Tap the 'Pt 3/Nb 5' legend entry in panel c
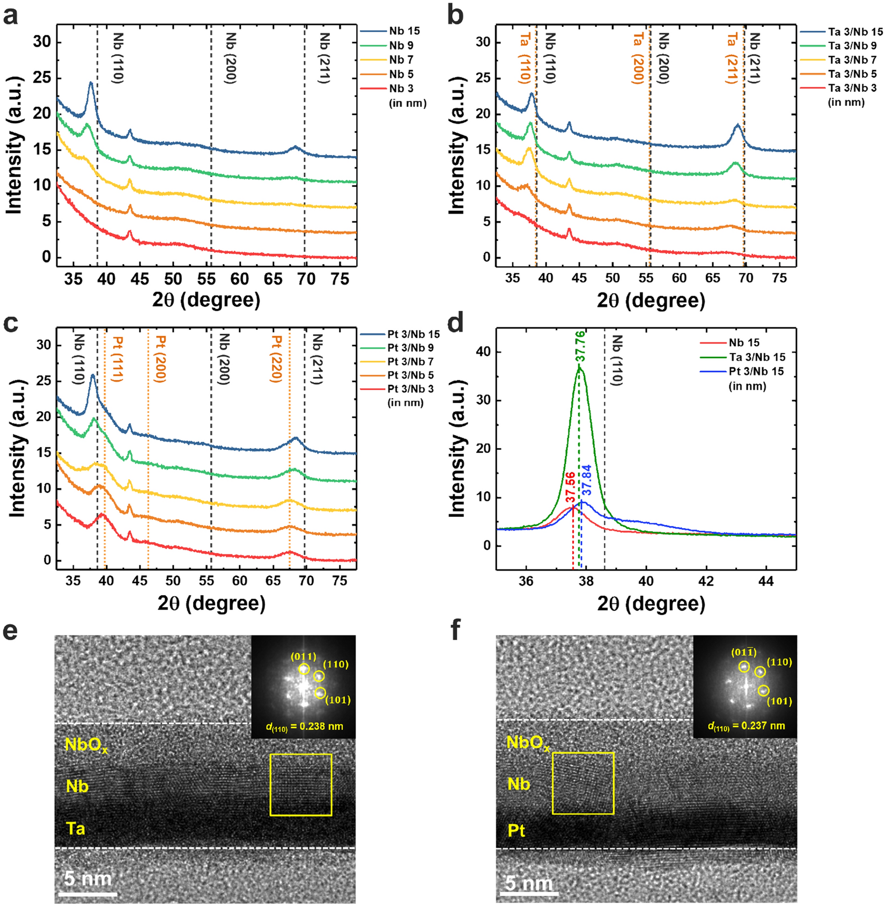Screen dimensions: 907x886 point(410,375)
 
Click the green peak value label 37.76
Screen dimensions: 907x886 point(580,347)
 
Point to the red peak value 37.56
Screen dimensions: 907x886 point(570,487)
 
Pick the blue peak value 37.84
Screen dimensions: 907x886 point(587,480)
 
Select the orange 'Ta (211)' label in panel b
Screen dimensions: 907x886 point(732,58)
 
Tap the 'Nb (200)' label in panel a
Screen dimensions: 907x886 point(231,58)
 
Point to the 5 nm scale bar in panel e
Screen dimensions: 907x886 point(88,894)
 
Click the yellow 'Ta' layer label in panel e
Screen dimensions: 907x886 point(76,829)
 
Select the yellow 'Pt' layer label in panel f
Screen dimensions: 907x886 point(516,831)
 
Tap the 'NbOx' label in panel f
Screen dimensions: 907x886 point(528,743)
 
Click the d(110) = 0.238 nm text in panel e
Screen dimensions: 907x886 point(304,727)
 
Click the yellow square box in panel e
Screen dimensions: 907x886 point(301,785)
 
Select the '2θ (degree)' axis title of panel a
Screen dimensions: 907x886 point(206,300)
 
